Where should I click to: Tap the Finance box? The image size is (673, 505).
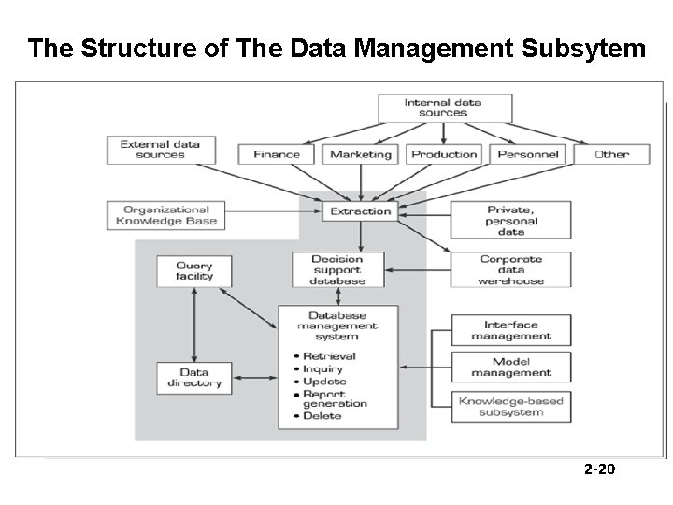point(278,154)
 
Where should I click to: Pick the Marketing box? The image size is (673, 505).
point(360,154)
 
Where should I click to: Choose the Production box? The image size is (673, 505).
point(444,154)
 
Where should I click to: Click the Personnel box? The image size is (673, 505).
point(528,154)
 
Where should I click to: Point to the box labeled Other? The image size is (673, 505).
point(612,154)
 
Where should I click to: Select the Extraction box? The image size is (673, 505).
point(360,211)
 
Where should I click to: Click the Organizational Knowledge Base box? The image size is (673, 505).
point(165,216)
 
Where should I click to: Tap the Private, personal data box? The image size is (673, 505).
point(511,221)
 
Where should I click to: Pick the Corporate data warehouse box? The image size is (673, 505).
point(511,270)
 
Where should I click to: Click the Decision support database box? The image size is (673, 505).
point(338,270)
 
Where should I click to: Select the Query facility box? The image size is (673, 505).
point(194,271)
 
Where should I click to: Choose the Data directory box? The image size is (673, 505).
point(194,378)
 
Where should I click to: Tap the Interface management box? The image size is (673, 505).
point(511,330)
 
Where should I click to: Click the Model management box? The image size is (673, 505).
point(511,368)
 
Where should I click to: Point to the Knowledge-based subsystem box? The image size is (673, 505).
point(511,407)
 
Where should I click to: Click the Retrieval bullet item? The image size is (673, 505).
point(329,356)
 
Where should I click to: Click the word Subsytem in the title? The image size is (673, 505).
point(580,49)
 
